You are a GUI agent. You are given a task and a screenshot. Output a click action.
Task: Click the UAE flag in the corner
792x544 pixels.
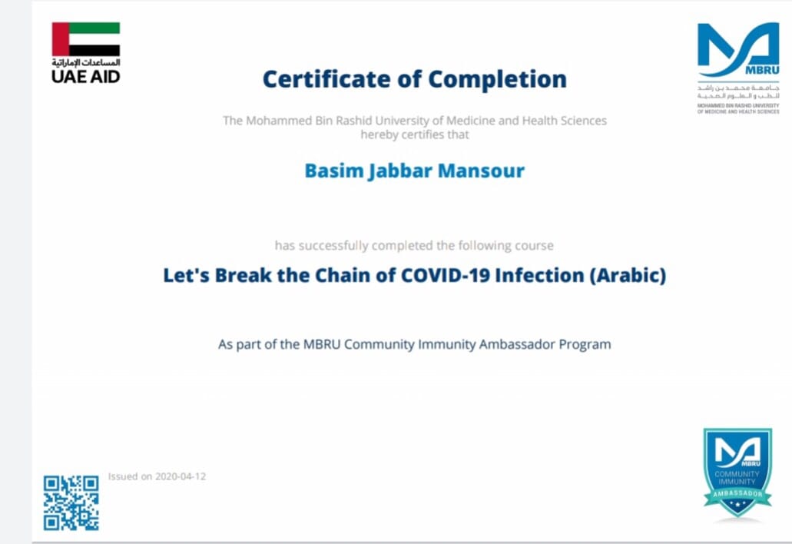(x=86, y=39)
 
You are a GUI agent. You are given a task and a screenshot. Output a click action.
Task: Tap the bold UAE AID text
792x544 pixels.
(x=86, y=77)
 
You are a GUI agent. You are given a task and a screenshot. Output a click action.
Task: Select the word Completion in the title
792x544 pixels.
(x=498, y=80)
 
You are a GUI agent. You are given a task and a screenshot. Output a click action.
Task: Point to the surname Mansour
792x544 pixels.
(x=482, y=171)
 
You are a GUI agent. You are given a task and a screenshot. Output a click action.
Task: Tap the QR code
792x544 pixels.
(x=71, y=503)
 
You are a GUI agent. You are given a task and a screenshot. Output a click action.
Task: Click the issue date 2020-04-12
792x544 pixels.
(x=181, y=476)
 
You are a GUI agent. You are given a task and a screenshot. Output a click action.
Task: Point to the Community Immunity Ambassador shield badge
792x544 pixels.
(x=737, y=473)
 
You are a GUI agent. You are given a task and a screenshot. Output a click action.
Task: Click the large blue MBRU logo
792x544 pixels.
(x=738, y=49)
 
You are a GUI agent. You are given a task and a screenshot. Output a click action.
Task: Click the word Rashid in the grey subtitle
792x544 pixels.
(x=354, y=121)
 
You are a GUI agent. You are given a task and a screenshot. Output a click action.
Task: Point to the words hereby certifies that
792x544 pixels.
(x=415, y=135)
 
